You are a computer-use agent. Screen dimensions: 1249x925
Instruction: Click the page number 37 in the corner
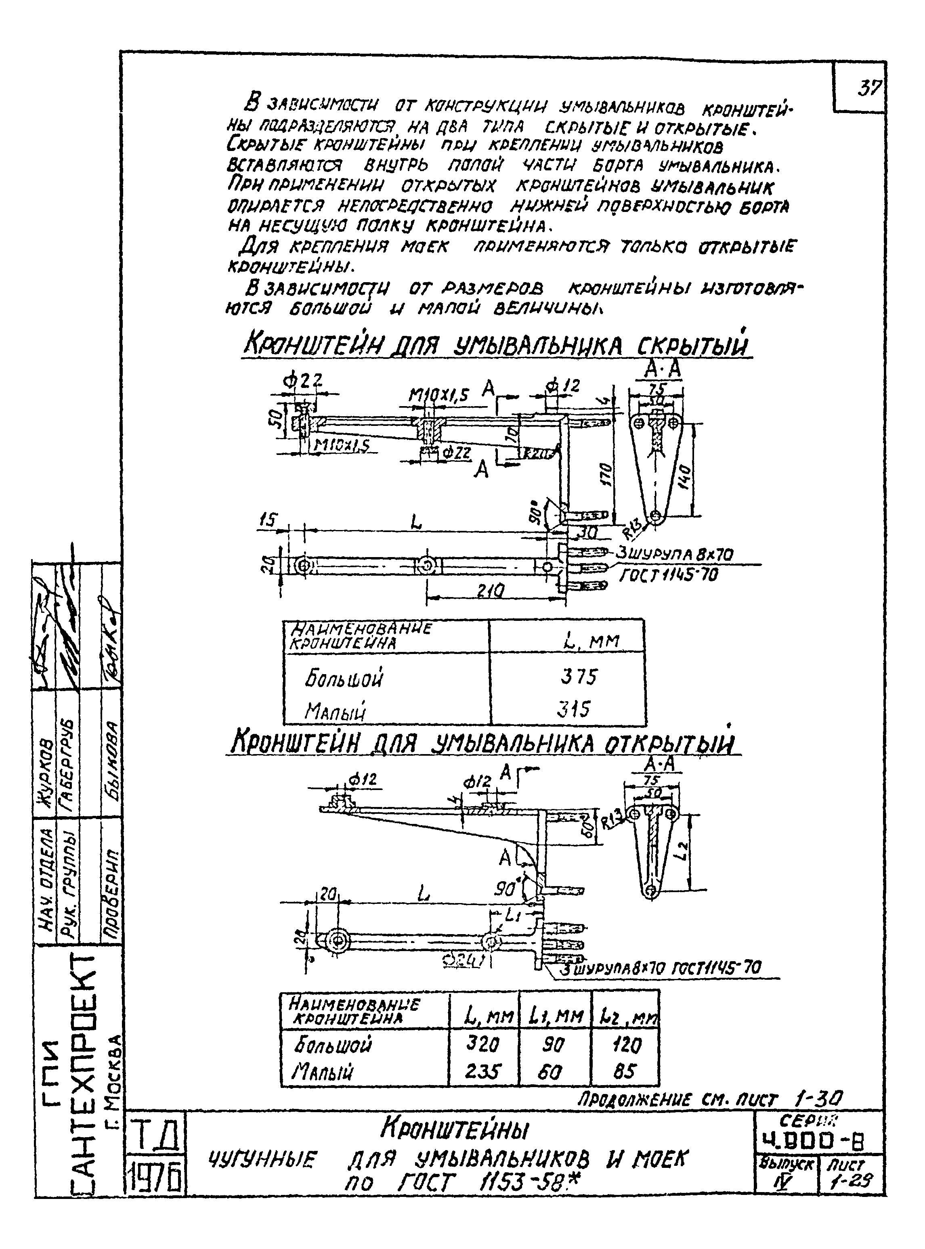coord(870,88)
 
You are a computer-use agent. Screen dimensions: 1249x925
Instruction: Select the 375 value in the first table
coord(579,677)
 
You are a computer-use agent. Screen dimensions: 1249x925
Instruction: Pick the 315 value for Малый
coord(573,709)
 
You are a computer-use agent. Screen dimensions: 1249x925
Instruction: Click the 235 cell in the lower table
coord(482,1071)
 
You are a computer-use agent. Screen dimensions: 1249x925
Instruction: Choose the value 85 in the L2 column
coord(624,1071)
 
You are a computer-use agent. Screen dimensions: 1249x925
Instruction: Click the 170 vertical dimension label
coord(606,474)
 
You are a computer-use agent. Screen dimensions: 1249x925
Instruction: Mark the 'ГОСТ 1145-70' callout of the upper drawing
coord(667,574)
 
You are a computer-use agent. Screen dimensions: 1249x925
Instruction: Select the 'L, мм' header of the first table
coord(591,641)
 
